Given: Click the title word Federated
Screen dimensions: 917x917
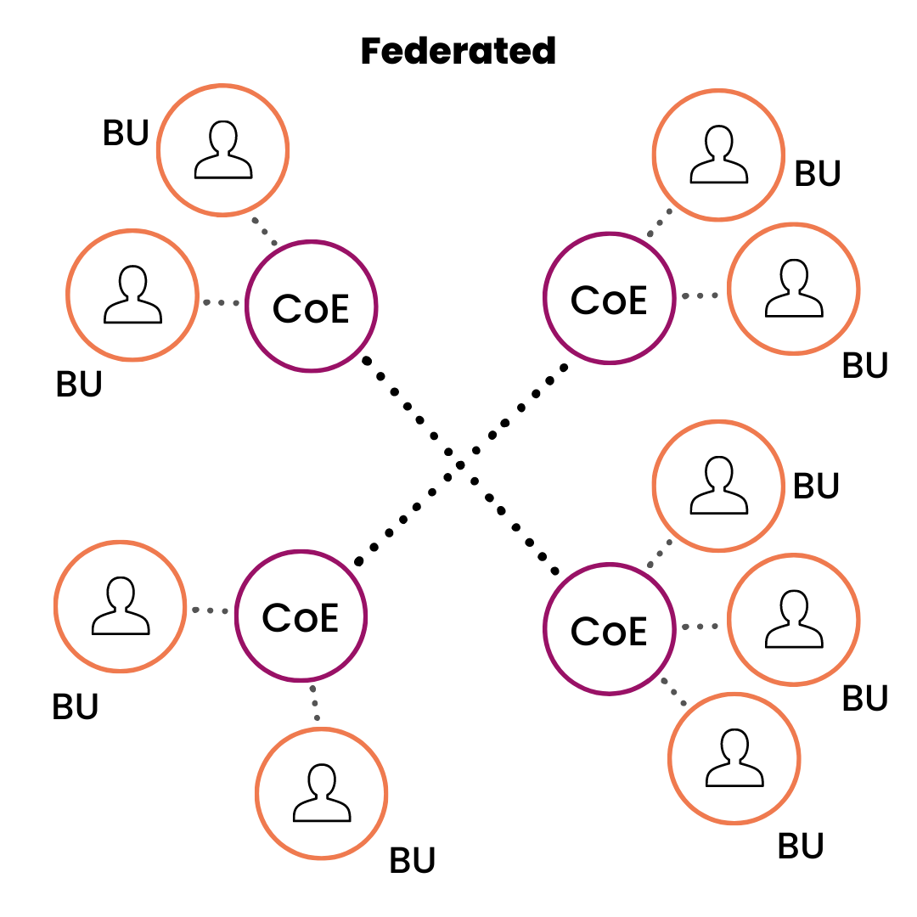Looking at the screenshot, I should [x=458, y=51].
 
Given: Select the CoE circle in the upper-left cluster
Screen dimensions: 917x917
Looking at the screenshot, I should [x=311, y=307].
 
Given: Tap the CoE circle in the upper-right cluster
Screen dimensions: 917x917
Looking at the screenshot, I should [x=609, y=300].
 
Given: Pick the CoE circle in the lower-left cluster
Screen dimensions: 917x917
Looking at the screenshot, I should [x=301, y=617].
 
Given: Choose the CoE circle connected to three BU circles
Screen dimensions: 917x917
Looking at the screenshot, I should [x=609, y=630].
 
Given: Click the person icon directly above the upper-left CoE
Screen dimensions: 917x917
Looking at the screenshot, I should [x=223, y=151].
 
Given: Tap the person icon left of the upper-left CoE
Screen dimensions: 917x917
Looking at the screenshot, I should [x=132, y=295].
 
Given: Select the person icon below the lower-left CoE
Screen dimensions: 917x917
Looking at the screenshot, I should [x=322, y=794].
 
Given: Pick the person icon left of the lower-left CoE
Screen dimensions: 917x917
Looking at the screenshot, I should [x=121, y=608].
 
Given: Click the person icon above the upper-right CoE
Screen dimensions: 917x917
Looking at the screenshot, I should [x=718, y=156].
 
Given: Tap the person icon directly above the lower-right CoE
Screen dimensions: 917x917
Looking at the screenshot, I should [x=718, y=486].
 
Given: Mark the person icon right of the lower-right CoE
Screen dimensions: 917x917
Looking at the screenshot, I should [x=794, y=620].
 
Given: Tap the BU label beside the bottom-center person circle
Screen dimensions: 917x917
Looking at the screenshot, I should [x=413, y=860].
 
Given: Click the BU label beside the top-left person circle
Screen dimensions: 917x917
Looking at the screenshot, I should [x=126, y=133].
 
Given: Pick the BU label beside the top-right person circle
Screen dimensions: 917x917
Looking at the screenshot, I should [x=818, y=173].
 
